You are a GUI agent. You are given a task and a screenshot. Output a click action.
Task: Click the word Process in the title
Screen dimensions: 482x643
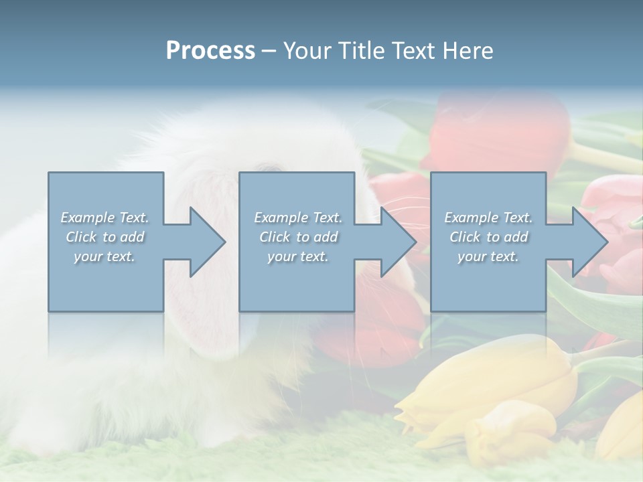coord(210,50)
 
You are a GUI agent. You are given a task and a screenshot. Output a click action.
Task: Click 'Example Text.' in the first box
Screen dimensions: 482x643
coord(105,218)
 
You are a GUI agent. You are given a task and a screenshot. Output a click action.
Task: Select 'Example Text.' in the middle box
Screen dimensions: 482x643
coord(298,218)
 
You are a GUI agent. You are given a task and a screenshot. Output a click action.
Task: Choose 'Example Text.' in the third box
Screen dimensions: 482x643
coord(488,218)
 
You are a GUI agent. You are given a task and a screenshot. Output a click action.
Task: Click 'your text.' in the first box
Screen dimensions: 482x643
coord(104,256)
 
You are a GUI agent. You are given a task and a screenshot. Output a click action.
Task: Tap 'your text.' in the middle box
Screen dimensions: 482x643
coord(297,256)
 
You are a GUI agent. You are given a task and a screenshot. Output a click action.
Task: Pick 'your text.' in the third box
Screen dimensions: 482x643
coord(488,256)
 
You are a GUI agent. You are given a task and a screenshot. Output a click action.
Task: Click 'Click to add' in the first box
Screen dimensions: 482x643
coord(105,237)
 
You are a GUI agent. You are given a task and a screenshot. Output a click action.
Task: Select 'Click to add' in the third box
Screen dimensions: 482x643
coord(488,237)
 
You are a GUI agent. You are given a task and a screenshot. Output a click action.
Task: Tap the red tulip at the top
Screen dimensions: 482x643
coord(496,131)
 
